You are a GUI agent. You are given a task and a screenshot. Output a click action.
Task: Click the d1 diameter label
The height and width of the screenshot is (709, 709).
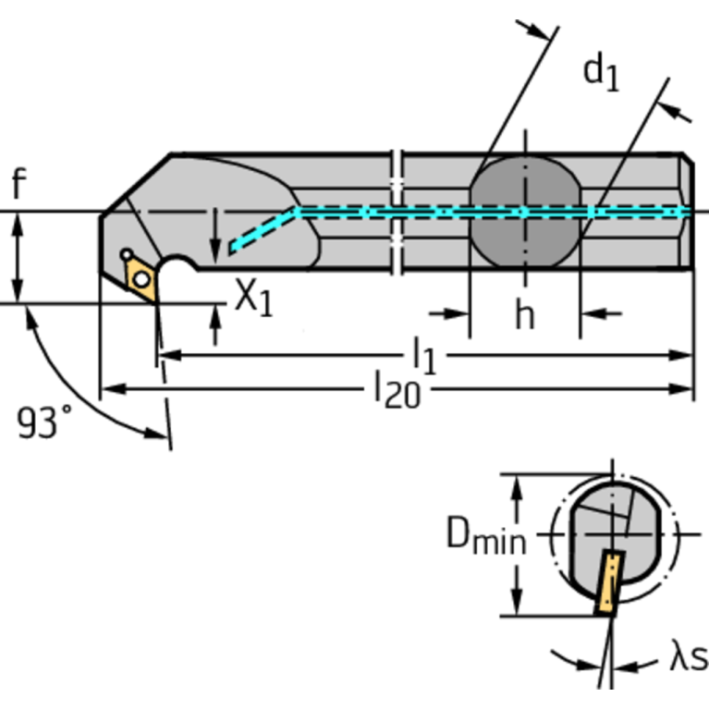[x=600, y=71]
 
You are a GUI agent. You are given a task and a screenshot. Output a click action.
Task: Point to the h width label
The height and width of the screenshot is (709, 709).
[x=524, y=315]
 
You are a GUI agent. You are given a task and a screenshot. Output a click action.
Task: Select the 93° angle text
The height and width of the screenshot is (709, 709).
[x=43, y=422]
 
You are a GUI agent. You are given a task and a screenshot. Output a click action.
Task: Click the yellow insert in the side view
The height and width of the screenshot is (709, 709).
[x=141, y=276]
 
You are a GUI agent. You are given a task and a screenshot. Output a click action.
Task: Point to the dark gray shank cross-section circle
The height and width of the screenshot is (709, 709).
[x=525, y=212]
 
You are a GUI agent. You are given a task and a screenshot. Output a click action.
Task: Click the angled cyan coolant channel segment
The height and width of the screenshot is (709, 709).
[x=262, y=230]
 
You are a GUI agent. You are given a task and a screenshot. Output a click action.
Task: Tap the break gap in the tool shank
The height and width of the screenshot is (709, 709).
[x=397, y=212]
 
